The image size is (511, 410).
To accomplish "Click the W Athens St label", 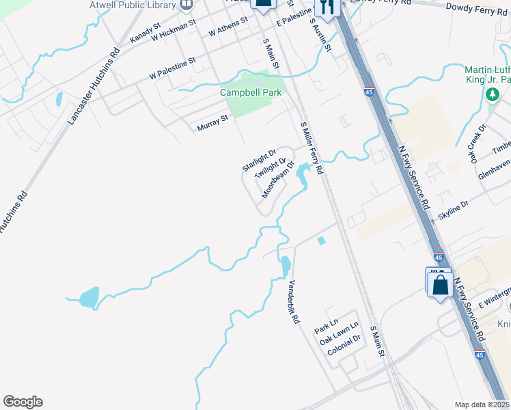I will pos(228,28).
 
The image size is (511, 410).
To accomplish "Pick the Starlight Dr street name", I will pos(258,160).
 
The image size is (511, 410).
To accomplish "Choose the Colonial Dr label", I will pos(344,348).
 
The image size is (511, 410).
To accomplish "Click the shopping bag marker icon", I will pos(441,284).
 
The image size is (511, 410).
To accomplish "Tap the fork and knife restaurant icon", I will pos(329,8).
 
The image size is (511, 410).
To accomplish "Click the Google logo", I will pos(23,402).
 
